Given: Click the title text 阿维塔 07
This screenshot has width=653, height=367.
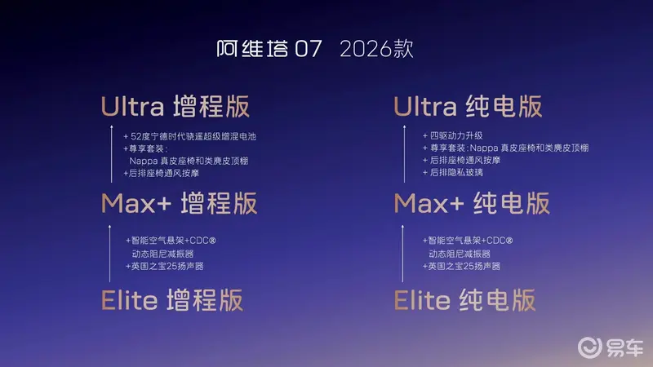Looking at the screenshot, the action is click(x=269, y=49).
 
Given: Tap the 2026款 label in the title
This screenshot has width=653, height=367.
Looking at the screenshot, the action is click(x=376, y=49).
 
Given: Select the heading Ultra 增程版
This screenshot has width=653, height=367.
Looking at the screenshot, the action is click(x=175, y=107).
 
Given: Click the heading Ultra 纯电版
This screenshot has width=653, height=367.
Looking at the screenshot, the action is click(x=468, y=107).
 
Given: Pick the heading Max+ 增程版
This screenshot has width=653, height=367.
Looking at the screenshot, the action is click(x=179, y=203).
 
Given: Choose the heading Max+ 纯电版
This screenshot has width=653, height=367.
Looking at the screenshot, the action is click(x=472, y=203).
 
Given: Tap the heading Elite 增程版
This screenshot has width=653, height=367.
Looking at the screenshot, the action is click(x=172, y=300).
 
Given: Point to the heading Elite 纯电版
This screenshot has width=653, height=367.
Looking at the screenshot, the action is click(x=464, y=300).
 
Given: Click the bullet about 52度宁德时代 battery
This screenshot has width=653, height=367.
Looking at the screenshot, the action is click(x=189, y=136).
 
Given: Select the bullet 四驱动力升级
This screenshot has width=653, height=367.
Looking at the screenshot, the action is click(x=453, y=135).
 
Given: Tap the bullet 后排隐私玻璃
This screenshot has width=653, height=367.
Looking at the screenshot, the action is click(x=453, y=172).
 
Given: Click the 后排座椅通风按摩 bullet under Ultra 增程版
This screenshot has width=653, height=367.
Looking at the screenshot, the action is click(x=161, y=173).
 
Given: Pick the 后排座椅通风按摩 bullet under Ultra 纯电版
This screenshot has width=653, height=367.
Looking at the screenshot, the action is click(x=461, y=160).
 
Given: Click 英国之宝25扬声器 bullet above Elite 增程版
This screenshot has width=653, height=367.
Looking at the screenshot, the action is click(x=165, y=267).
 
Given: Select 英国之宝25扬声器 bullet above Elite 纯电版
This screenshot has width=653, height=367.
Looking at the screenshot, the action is click(x=461, y=267).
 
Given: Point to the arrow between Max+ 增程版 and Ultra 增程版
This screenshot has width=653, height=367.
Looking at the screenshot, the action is click(x=112, y=153).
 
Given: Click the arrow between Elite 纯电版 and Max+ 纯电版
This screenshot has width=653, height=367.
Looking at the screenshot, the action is click(x=402, y=254).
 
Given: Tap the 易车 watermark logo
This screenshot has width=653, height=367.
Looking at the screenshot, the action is click(x=611, y=347).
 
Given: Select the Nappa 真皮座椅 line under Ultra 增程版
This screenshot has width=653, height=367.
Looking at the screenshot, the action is click(x=189, y=161).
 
